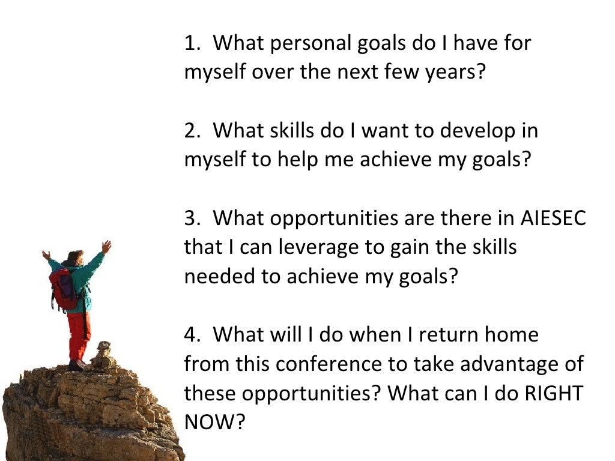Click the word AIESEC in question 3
[x=553, y=218]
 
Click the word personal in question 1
[x=301, y=44]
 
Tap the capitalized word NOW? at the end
[x=214, y=421]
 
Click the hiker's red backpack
[x=64, y=288]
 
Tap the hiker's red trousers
[x=79, y=336]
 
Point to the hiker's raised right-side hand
[x=106, y=246]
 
